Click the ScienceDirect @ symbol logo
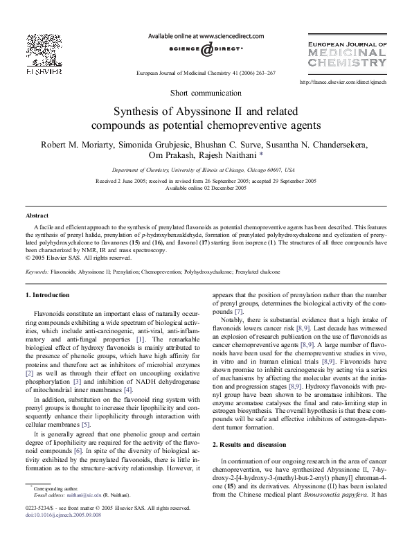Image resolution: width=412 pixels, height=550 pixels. (x=206, y=51)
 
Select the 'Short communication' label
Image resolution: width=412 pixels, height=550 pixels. (x=206, y=94)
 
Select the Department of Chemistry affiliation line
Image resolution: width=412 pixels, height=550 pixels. (x=206, y=169)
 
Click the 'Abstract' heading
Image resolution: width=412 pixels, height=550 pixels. (x=37, y=216)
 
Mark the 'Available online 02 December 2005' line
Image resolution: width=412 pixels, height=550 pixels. (x=206, y=187)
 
